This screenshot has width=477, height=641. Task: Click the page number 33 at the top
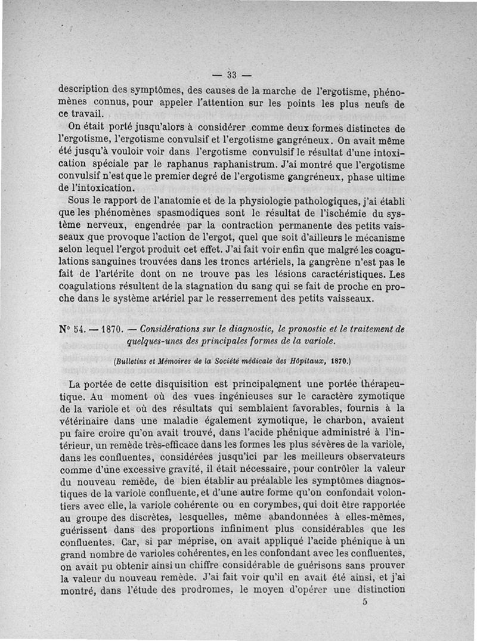pyautogui.click(x=232, y=75)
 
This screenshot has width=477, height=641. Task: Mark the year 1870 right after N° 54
pyautogui.click(x=112, y=329)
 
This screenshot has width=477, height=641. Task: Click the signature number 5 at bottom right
pyautogui.click(x=364, y=602)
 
